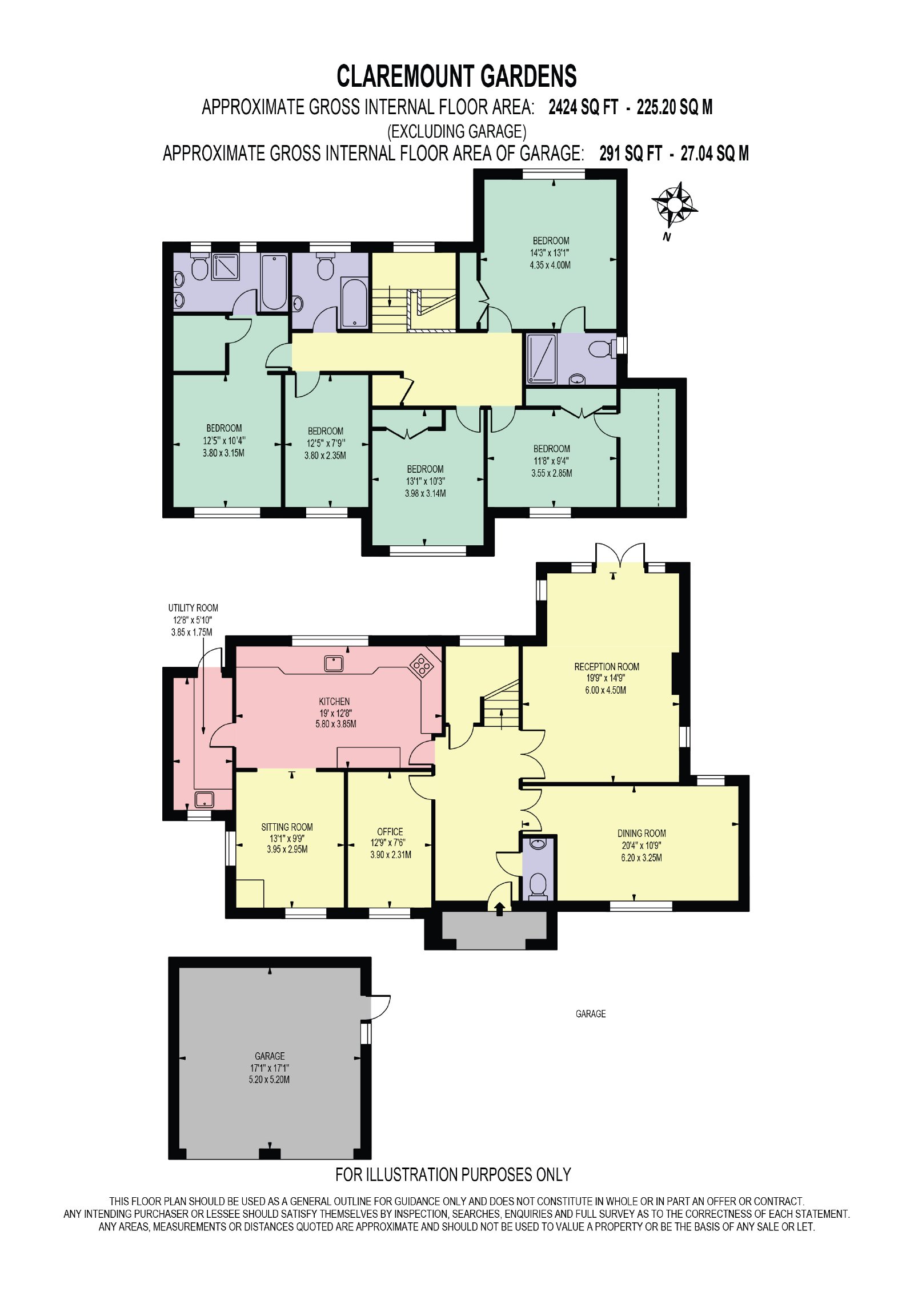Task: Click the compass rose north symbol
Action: [x=674, y=204]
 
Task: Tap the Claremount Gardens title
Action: [x=456, y=76]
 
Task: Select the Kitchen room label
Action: [x=334, y=701]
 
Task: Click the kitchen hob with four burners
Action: [x=422, y=665]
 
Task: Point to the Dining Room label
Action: [x=642, y=833]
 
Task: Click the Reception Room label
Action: [x=607, y=666]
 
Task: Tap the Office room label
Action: [x=390, y=831]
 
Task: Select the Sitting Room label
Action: [x=287, y=827]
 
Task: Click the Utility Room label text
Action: [x=193, y=607]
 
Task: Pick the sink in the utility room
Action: [x=204, y=799]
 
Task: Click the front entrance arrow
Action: [x=500, y=908]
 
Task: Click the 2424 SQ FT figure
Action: [x=583, y=107]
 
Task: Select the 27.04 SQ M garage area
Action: [x=715, y=153]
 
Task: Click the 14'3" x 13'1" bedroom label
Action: [x=550, y=252]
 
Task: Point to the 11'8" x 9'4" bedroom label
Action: [x=551, y=461]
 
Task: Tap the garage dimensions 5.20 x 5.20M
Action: [x=269, y=1079]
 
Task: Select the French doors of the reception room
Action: [x=620, y=554]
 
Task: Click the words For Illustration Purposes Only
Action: [x=453, y=1174]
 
